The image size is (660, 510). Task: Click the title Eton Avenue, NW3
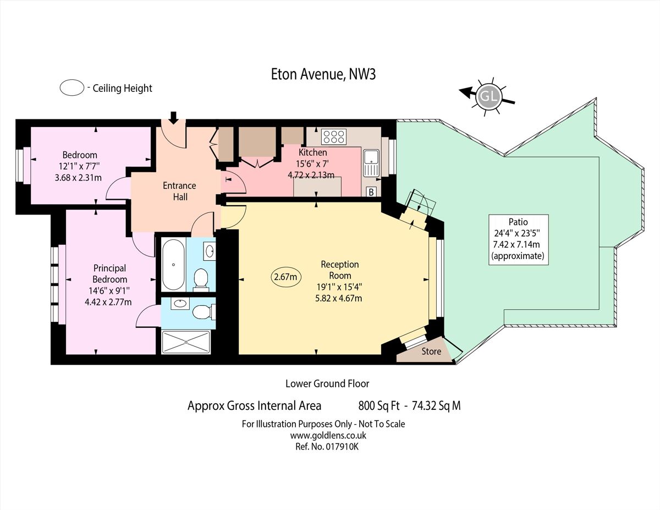pos(323,75)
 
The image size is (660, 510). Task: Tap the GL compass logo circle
pos(488,97)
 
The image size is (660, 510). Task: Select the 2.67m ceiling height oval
pos(286,277)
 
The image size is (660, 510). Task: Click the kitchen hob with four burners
pos(333,136)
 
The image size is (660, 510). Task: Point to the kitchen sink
pos(371,163)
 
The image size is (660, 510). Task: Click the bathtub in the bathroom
pos(173,264)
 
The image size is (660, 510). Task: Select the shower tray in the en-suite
pos(186,342)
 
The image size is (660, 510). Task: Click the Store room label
pos(431,352)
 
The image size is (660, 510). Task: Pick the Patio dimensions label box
pos(518,240)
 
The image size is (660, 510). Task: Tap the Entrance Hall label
pos(179,191)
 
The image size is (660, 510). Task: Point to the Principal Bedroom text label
pos(109,274)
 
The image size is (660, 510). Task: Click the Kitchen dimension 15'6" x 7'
pos(312,164)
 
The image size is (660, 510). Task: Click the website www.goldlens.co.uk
pos(328,435)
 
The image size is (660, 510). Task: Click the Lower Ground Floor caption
pos(327,383)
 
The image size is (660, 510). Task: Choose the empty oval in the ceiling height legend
pos(71,87)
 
